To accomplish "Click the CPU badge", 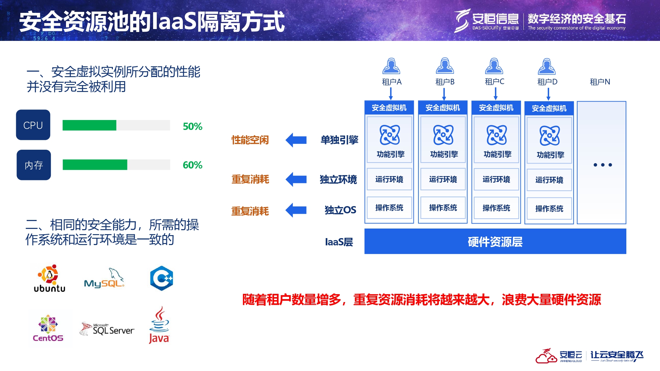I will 33,125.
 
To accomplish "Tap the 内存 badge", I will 34,165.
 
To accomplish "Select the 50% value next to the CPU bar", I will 192,126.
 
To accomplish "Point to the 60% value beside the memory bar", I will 192,165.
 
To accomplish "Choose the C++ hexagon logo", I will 161,278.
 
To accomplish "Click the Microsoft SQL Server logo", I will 107,329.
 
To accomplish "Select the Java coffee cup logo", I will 159,325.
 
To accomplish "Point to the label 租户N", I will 600,82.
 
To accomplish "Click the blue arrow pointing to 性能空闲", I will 296,140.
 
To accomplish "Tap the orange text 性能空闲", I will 250,140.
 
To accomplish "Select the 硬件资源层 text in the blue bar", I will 495,242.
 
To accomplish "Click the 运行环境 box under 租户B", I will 443,179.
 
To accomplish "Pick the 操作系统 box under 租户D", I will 549,208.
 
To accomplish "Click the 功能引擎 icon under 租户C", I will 497,135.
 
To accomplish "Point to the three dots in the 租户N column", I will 603,165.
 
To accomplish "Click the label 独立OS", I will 340,210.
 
